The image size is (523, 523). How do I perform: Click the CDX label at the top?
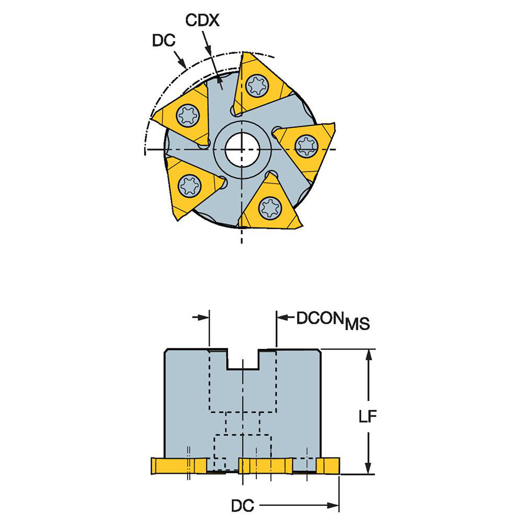tap(202, 21)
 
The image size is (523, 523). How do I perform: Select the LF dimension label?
tap(369, 417)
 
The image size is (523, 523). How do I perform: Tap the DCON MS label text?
tap(333, 320)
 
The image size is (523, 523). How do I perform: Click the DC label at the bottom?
tap(242, 506)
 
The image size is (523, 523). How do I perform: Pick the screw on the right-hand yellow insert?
tap(306, 145)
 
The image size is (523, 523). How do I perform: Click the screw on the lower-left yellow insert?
tap(189, 185)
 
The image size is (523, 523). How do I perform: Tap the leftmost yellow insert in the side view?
tap(178, 465)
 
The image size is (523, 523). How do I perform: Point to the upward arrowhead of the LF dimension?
tap(369, 354)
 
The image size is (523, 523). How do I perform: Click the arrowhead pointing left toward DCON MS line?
tap(282, 317)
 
